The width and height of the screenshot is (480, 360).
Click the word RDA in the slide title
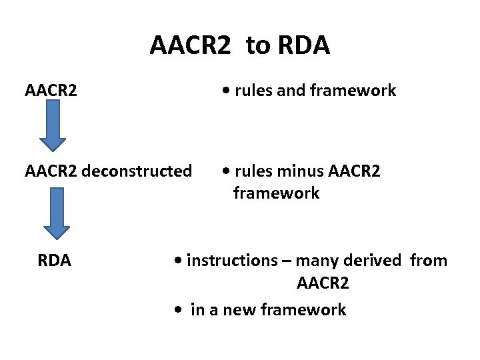pos(301,45)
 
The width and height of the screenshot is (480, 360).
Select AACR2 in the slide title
pos(191,45)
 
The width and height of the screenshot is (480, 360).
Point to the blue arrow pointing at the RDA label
pos(53,214)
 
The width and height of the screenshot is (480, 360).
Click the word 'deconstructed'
pos(138,171)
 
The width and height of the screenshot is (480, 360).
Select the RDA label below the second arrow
pos(55,260)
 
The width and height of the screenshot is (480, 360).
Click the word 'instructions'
pos(231,260)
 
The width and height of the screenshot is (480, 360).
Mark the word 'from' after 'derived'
pos(429,260)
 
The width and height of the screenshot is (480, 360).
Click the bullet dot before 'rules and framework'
pos(228,91)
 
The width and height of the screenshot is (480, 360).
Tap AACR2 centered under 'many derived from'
pos(323,284)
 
